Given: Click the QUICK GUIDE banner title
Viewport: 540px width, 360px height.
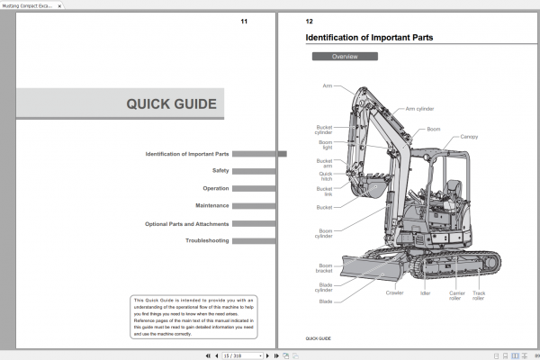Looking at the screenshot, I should coord(171,103).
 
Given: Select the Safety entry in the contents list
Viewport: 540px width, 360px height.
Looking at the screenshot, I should coord(220,171).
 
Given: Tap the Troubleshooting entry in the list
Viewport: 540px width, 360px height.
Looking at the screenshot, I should coord(207,241).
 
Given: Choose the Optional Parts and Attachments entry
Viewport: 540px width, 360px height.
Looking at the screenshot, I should coord(186,223).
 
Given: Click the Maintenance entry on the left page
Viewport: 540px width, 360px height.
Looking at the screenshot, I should coord(212,206).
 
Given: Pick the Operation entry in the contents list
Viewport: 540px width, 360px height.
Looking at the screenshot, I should coord(215,188).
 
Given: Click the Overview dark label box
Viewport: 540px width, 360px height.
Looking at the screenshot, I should coord(345,57).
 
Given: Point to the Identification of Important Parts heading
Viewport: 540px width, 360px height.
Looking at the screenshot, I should coord(369,38).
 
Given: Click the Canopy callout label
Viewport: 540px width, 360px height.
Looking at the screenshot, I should coord(469,137).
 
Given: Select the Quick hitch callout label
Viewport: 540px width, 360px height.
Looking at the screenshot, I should coord(325,176).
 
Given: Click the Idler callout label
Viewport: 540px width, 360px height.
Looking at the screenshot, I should coord(425,292).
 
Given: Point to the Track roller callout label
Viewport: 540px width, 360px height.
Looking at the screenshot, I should coord(479,295).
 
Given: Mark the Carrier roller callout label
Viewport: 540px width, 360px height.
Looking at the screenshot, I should coord(456,295).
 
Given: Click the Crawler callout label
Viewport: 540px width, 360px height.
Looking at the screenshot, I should coord(394,292).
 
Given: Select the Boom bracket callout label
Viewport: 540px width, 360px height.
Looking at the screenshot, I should coord(325,268).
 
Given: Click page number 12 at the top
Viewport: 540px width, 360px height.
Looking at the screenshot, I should coord(310,22).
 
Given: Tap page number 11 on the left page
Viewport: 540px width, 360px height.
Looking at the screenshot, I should coord(243,22).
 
